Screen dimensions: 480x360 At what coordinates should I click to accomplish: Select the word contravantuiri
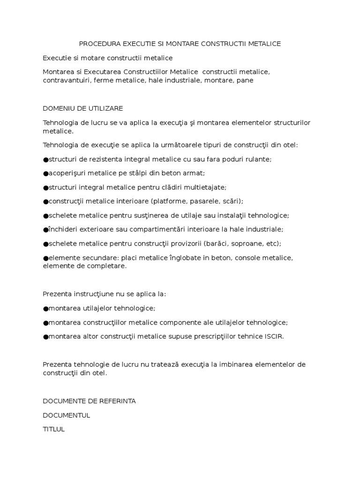pos(66,80)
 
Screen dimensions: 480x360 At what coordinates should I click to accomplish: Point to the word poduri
pos(224,159)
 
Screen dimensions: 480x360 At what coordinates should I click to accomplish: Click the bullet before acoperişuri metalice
pos(45,173)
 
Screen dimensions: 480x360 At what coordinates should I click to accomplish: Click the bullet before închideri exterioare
pos(45,230)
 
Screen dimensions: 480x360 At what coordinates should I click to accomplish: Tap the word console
pos(247,258)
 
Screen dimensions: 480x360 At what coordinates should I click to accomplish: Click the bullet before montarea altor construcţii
pos(45,337)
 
